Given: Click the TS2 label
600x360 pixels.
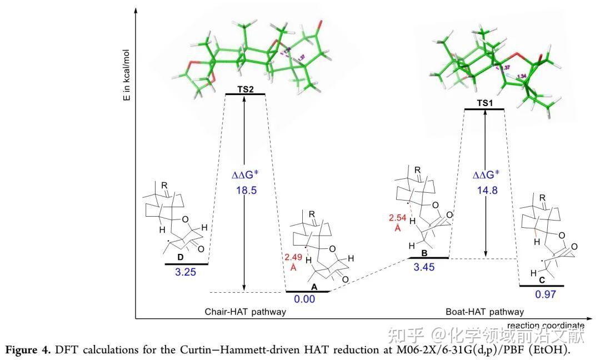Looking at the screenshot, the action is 245,88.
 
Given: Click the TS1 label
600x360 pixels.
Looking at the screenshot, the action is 484,103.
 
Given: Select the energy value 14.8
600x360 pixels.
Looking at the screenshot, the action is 486,190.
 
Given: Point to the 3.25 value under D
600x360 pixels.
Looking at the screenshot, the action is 186,273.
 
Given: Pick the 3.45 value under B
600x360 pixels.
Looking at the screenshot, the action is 424,267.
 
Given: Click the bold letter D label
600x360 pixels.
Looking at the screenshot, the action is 180,258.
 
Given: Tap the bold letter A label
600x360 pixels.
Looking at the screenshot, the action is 314,287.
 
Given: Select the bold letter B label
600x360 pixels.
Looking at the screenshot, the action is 424,253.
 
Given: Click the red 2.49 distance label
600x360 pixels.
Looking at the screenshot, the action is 293,257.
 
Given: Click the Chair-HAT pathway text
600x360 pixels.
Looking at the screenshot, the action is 246,312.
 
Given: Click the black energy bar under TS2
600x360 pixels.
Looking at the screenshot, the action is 245,94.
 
